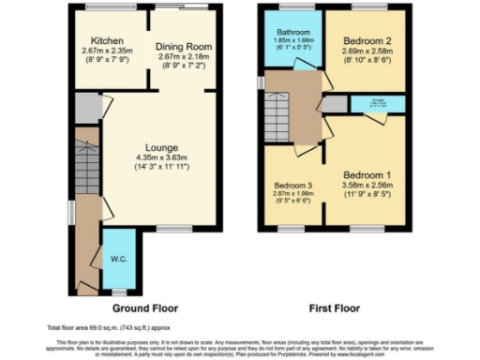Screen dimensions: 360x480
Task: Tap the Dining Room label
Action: coord(185,47)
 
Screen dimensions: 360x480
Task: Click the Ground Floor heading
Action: coord(144,307)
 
